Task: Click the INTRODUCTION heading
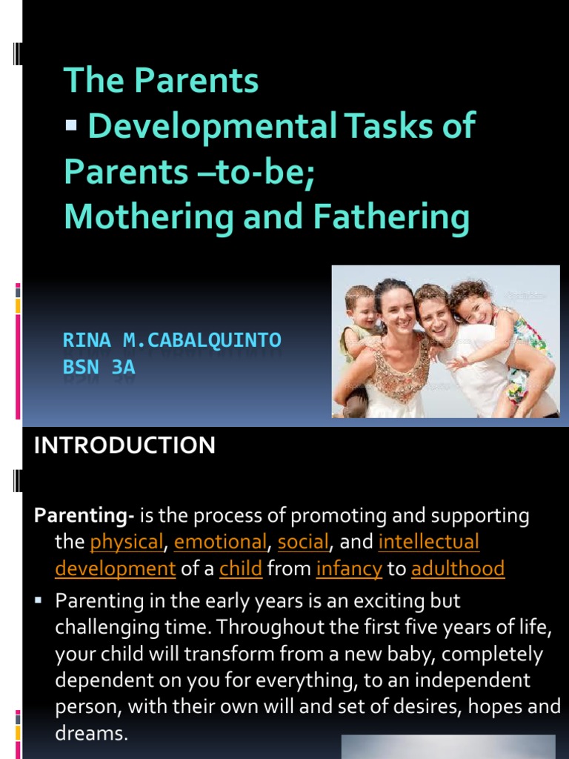coord(125,445)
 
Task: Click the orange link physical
coord(126,542)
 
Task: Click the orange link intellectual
coord(429,542)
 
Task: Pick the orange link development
coord(115,569)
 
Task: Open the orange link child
coord(241,569)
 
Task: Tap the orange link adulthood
coord(458,569)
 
